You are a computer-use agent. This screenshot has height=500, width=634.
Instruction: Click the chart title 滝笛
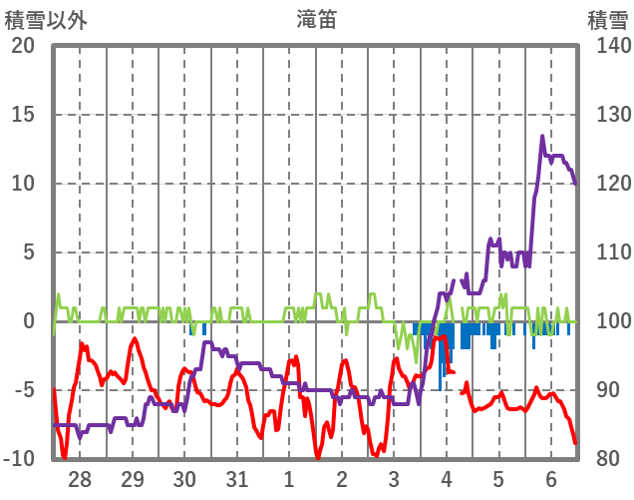[x=316, y=19]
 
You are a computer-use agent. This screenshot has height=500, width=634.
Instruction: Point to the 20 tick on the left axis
[x=22, y=46]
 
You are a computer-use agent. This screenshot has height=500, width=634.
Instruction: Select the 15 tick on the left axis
[x=22, y=115]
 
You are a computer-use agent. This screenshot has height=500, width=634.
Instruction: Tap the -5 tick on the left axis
[x=22, y=390]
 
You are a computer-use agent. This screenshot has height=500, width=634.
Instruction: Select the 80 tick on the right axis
[x=608, y=459]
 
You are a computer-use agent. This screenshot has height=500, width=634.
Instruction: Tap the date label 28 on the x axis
[x=80, y=480]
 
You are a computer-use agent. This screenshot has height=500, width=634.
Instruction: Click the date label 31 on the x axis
[x=237, y=480]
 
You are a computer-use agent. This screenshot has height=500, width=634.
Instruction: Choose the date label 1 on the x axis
[x=289, y=480]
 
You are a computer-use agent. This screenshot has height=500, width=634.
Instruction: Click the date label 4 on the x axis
[x=447, y=480]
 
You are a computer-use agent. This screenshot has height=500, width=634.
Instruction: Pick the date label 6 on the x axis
[x=551, y=480]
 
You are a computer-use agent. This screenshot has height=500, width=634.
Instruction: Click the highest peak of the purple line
[x=542, y=137]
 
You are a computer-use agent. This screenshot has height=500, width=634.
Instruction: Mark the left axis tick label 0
[x=29, y=321]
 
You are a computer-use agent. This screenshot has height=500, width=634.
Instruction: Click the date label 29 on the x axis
[x=133, y=480]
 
